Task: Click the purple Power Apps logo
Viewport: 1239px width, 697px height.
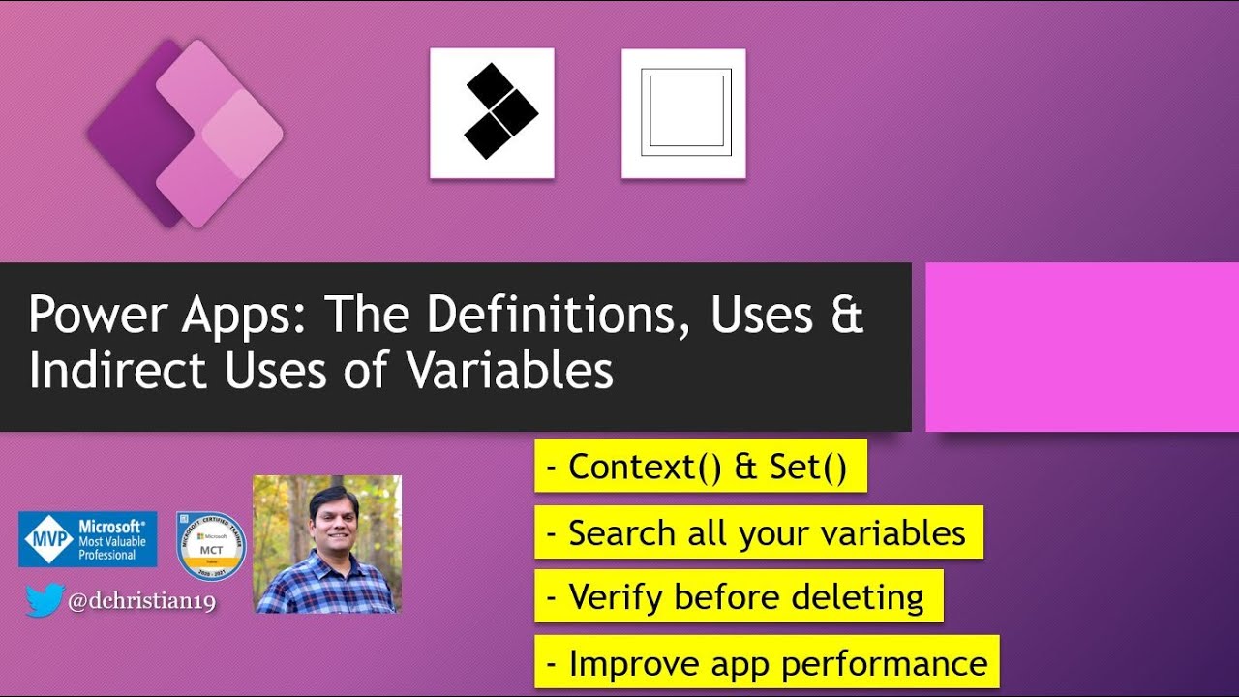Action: pyautogui.click(x=184, y=134)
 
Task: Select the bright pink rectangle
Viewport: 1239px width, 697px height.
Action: pyautogui.click(x=1082, y=347)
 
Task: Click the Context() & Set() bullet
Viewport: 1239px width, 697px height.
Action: pyautogui.click(x=700, y=467)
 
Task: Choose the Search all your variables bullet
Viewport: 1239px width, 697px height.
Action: pyautogui.click(x=758, y=532)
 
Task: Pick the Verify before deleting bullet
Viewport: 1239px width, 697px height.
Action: pyautogui.click(x=738, y=597)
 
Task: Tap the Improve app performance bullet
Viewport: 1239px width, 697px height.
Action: pyautogui.click(x=767, y=663)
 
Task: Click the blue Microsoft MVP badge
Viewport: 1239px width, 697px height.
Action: pyautogui.click(x=88, y=539)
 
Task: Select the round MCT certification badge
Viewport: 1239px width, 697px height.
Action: pyautogui.click(x=211, y=546)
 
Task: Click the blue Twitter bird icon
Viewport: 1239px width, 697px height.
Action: pyautogui.click(x=45, y=600)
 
